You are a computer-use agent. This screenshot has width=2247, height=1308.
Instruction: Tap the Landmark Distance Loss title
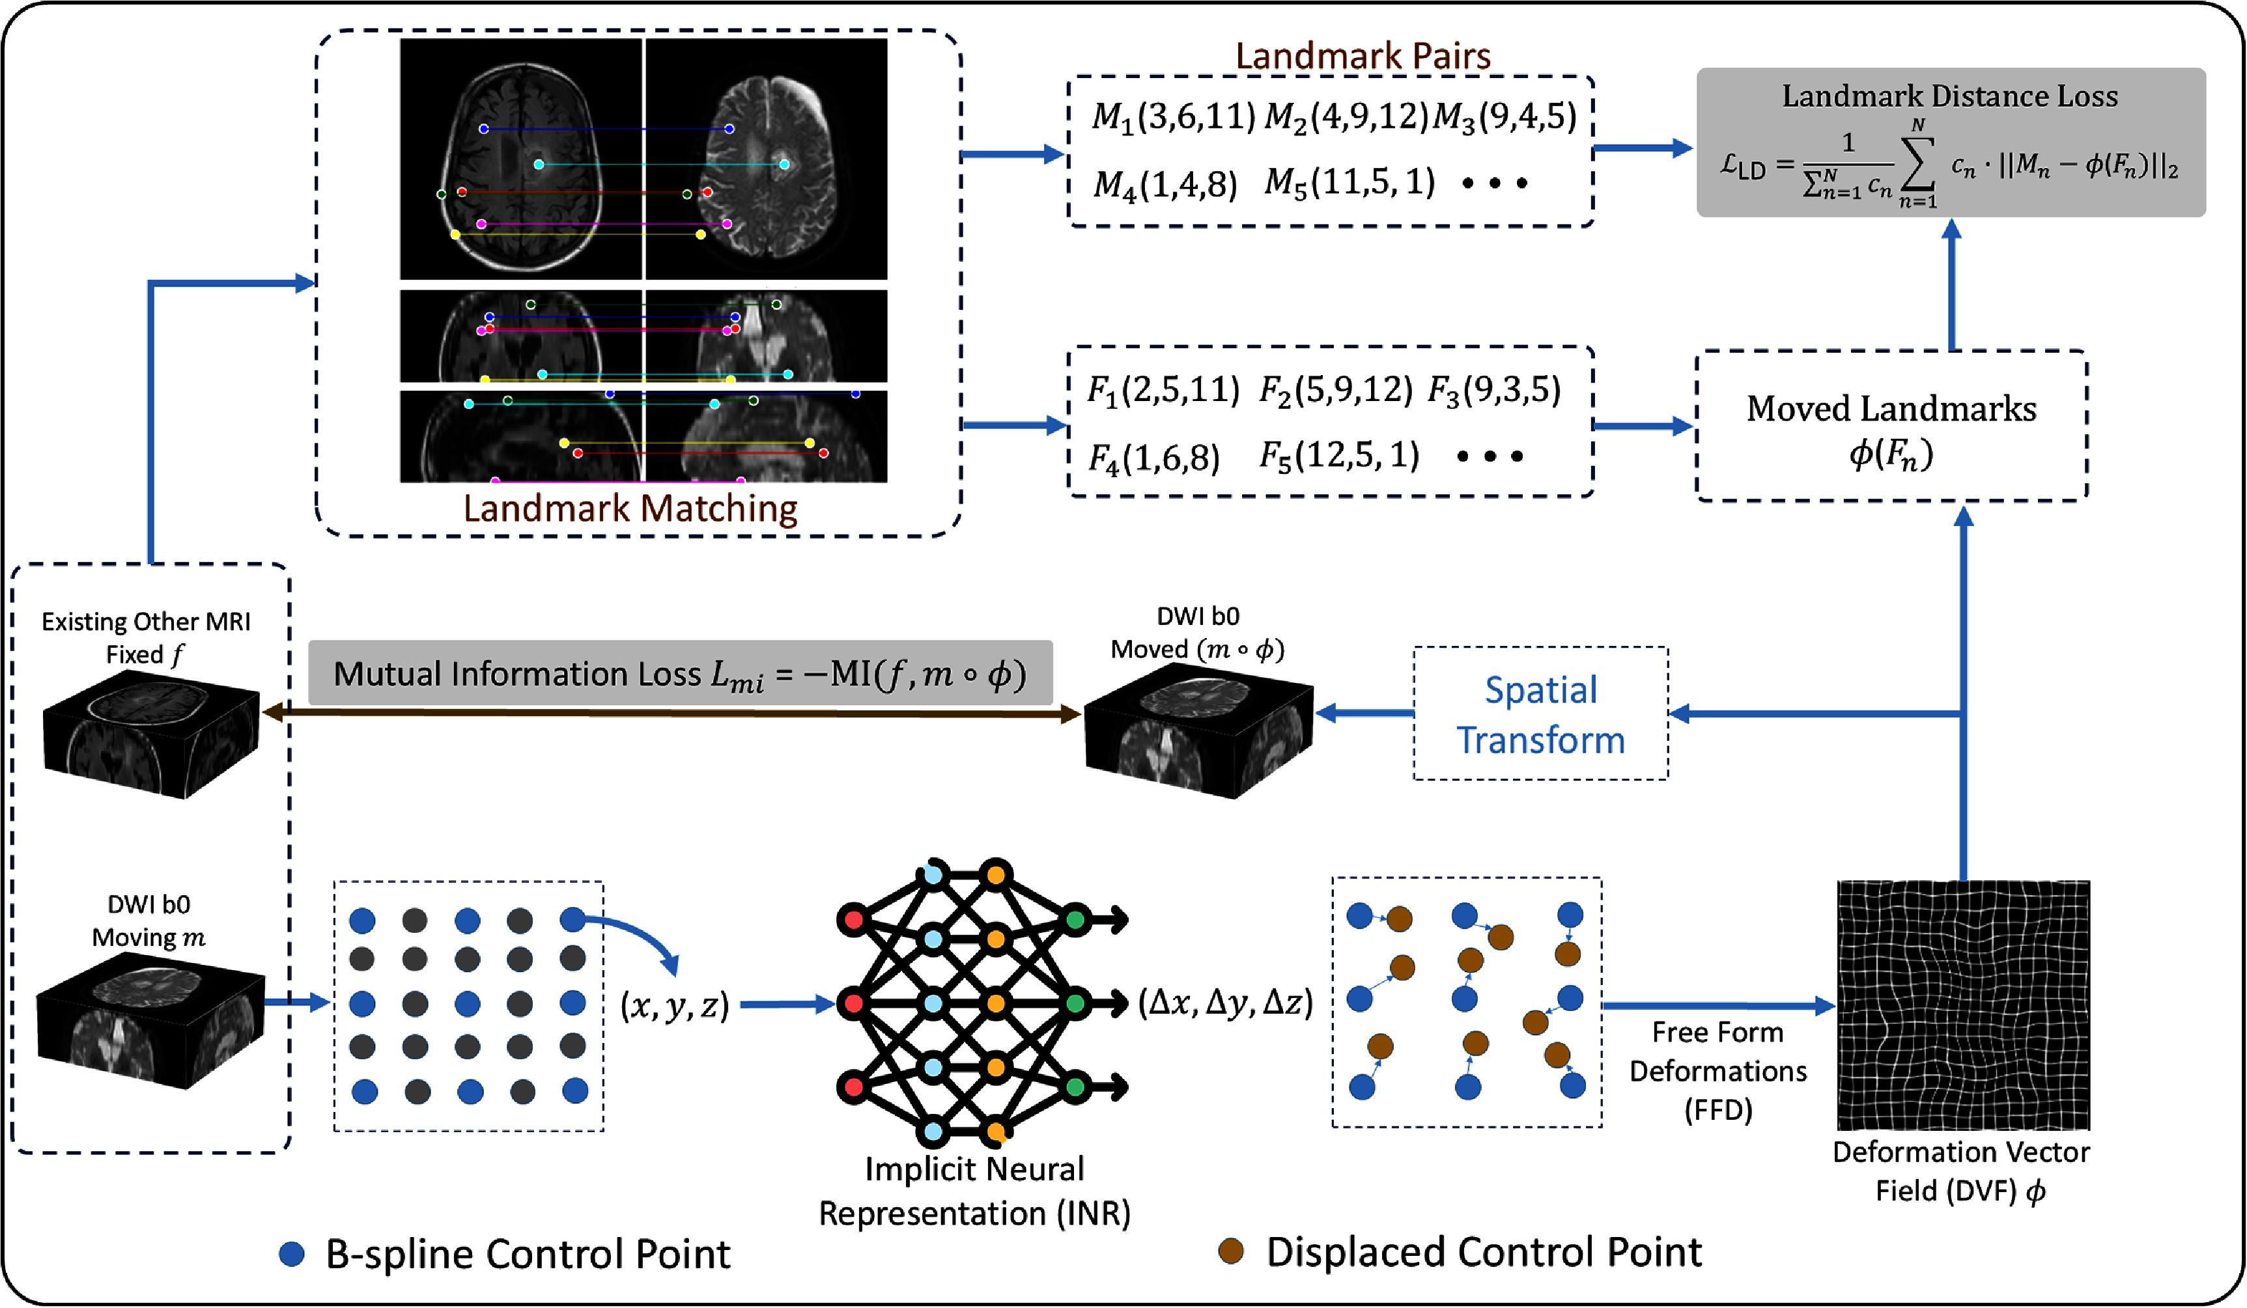1949,96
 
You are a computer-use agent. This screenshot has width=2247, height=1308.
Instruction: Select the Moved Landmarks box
1890,425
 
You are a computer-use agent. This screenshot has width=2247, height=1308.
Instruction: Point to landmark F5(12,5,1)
1338,456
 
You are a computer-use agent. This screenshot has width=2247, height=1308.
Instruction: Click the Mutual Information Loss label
679,673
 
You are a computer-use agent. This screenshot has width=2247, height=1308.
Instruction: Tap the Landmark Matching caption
630,508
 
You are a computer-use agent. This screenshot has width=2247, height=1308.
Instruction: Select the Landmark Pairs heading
1363,56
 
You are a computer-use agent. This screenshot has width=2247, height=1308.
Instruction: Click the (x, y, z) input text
675,1005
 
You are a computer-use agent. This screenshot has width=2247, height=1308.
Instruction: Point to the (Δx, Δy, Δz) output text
1225,1003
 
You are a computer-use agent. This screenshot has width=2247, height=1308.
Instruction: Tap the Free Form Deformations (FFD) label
1717,1071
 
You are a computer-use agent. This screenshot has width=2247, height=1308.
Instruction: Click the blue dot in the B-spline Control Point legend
292,1253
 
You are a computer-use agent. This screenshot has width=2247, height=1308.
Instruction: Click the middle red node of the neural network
853,1004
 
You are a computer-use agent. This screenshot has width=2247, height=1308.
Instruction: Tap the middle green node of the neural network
1076,1004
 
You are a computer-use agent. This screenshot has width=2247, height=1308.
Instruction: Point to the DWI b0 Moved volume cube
1198,733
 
